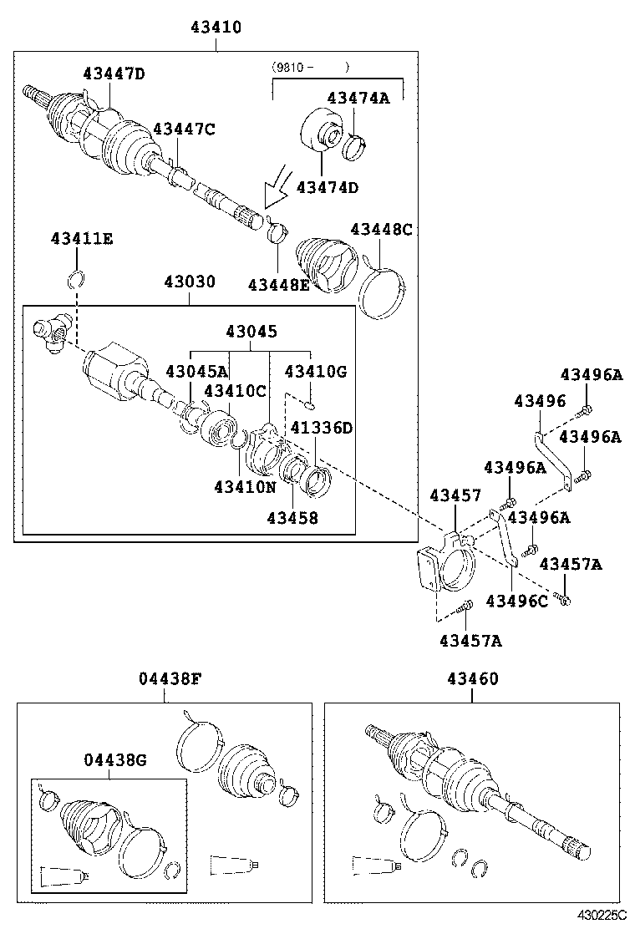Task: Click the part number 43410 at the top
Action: pos(216,28)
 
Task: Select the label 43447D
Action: pos(114,74)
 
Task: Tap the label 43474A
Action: pos(358,98)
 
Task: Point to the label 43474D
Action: pos(328,187)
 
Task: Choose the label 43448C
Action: pos(382,229)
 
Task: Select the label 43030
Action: pos(189,282)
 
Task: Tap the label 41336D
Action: pos(322,428)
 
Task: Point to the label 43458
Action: pos(292,518)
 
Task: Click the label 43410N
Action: pos(244,486)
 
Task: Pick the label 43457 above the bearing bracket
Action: pos(455,496)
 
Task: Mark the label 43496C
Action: pos(517,600)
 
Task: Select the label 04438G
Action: pos(114,759)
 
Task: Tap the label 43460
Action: pos(472,679)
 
